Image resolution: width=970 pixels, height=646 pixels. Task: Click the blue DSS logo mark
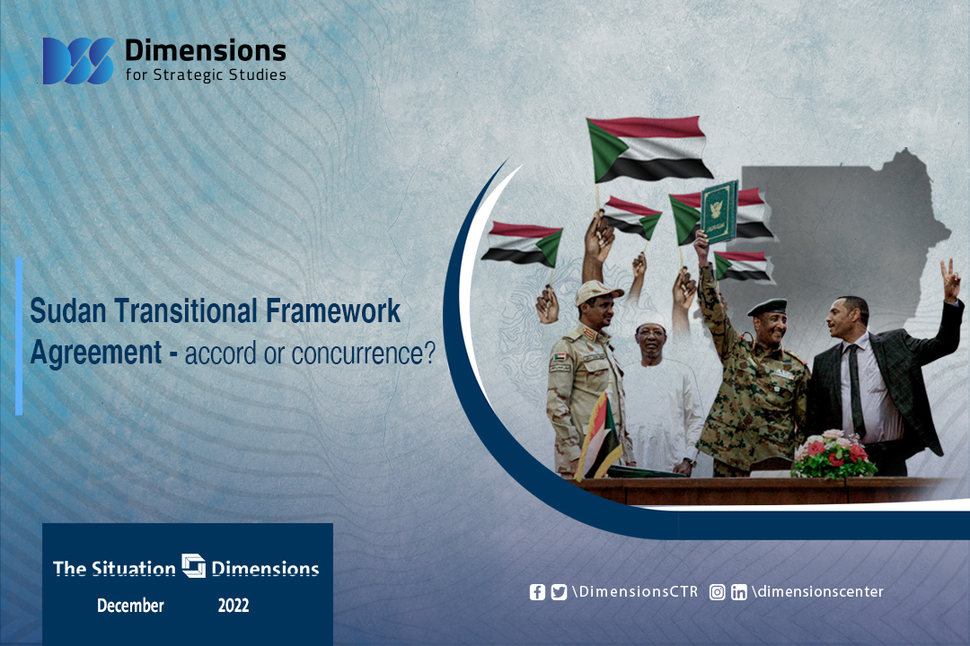(x=78, y=61)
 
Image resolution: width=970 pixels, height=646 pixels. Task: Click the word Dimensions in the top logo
(x=206, y=50)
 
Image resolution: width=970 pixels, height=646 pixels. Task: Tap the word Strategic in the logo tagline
(x=188, y=74)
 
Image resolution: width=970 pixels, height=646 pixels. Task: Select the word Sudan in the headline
(x=68, y=310)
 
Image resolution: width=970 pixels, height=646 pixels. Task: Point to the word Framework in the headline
(x=333, y=310)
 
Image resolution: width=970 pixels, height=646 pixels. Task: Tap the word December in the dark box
(x=130, y=606)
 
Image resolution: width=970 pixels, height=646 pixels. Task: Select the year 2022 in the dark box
(x=234, y=606)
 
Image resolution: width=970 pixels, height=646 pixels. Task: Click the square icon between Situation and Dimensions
(x=194, y=565)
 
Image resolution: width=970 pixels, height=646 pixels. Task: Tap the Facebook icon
(x=538, y=592)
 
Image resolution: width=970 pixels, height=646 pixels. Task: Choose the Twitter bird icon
(x=559, y=592)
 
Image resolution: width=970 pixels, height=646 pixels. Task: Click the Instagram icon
(x=717, y=592)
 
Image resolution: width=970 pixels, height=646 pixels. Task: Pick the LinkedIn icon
(x=738, y=592)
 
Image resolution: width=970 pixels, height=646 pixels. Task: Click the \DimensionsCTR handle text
(x=635, y=591)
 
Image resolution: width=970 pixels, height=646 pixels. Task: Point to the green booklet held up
(x=719, y=212)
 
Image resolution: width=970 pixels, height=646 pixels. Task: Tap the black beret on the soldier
(x=767, y=307)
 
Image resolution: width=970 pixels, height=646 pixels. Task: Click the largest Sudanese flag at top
(x=648, y=149)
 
